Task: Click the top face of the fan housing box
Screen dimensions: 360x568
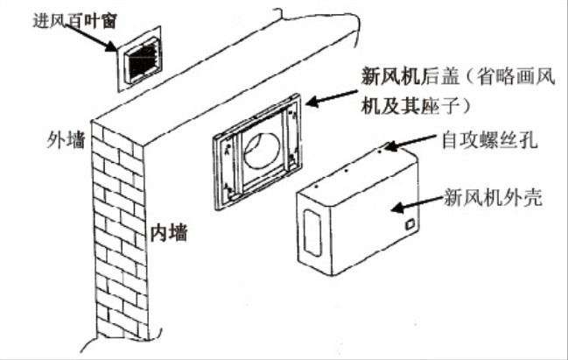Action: (359, 166)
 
